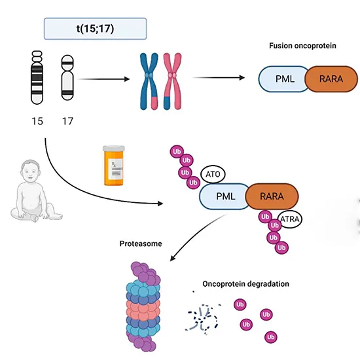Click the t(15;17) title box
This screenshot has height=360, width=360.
(x=95, y=28)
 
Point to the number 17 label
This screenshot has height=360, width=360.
(x=68, y=121)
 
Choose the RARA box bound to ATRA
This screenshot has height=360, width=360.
(x=272, y=196)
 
